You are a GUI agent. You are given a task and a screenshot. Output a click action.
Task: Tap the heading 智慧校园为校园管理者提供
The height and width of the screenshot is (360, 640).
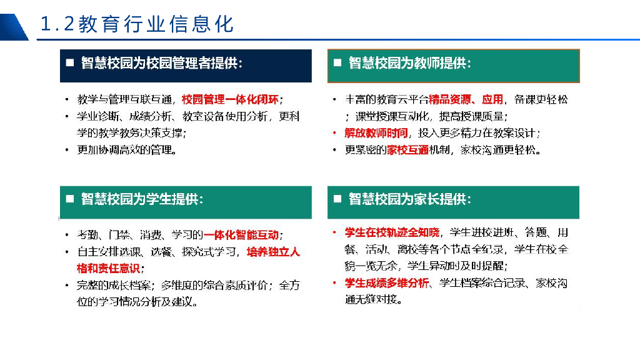pyautogui.click(x=161, y=64)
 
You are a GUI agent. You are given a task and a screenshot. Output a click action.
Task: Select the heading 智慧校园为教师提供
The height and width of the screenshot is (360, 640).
pyautogui.click(x=410, y=64)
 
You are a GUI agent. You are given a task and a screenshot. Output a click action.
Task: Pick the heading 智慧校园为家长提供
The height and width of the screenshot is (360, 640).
pyautogui.click(x=410, y=199)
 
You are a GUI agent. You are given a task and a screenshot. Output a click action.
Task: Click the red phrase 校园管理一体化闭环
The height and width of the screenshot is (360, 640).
pyautogui.click(x=231, y=100)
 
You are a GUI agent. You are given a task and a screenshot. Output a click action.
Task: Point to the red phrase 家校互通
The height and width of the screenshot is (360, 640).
pyautogui.click(x=407, y=150)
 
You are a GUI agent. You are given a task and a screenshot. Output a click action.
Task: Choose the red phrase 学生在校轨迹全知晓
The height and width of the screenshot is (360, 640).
pyautogui.click(x=392, y=233)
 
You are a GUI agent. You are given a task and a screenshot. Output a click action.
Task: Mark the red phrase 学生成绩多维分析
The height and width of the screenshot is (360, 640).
pyautogui.click(x=387, y=283)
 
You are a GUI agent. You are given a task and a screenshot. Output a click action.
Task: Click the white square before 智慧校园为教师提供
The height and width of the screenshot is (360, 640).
pyautogui.click(x=337, y=64)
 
